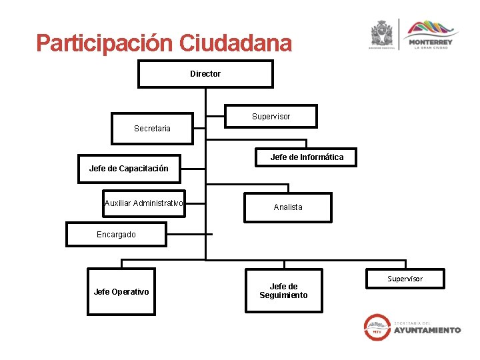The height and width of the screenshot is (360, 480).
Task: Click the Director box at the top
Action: coord(205,74)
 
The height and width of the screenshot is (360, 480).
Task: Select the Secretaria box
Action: coord(152,128)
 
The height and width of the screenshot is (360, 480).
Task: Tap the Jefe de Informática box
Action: coord(307,157)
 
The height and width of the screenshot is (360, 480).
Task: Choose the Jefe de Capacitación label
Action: coord(129,169)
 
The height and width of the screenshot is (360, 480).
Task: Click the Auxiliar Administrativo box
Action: coord(144,203)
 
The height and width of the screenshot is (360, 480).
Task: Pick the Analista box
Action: coord(287,207)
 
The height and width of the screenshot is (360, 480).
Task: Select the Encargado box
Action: coord(116,235)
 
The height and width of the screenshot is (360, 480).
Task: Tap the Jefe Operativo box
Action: coord(121,291)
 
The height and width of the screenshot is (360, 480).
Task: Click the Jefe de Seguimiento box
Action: coord(283,291)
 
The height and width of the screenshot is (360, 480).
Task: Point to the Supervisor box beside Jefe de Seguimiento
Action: coord(405,279)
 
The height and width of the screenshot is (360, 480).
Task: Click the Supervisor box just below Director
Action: coord(271,117)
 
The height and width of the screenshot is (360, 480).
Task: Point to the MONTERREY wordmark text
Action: coord(431,42)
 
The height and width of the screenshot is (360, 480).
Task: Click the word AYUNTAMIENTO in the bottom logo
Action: coord(427,330)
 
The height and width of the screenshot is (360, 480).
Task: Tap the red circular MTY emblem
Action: coord(377,327)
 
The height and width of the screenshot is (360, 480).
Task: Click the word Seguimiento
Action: coord(283,295)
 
